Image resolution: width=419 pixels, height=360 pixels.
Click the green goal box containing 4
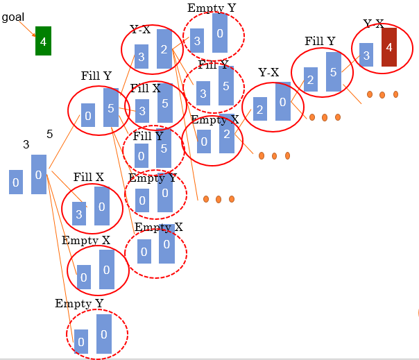pyautogui.click(x=43, y=42)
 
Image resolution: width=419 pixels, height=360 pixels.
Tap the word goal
pyautogui.click(x=13, y=17)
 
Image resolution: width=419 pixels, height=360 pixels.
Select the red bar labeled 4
pyautogui.click(x=388, y=47)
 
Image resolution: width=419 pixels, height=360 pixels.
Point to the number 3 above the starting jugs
pyautogui.click(x=26, y=144)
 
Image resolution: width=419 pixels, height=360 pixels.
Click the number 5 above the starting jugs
pyautogui.click(x=49, y=134)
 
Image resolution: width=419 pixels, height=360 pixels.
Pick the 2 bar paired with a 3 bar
pyautogui.click(x=164, y=49)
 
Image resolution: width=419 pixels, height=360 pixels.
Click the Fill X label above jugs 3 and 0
pyautogui.click(x=88, y=178)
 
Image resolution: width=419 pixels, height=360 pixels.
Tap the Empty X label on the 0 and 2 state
pyautogui.click(x=215, y=119)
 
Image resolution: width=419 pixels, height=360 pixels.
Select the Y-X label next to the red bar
pyautogui.click(x=374, y=24)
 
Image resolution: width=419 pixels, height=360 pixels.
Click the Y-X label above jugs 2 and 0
pyautogui.click(x=268, y=72)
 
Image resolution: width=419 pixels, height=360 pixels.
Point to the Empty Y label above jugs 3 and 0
pyautogui.click(x=211, y=8)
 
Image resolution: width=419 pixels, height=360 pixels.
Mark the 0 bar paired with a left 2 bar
pyautogui.click(x=282, y=101)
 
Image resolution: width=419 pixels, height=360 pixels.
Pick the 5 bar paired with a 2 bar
pyautogui.click(x=333, y=71)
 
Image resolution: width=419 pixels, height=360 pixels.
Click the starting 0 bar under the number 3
pyautogui.click(x=16, y=182)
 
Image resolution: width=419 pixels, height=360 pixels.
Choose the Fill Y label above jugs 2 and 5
pyautogui.click(x=320, y=42)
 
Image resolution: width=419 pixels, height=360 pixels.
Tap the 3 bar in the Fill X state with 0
pyautogui.click(x=79, y=214)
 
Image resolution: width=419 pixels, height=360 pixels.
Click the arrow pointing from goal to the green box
pyautogui.click(x=27, y=29)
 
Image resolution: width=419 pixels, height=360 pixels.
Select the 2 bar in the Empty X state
pyautogui.click(x=226, y=137)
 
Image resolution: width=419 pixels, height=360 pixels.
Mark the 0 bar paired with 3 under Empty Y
pyautogui.click(x=220, y=33)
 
